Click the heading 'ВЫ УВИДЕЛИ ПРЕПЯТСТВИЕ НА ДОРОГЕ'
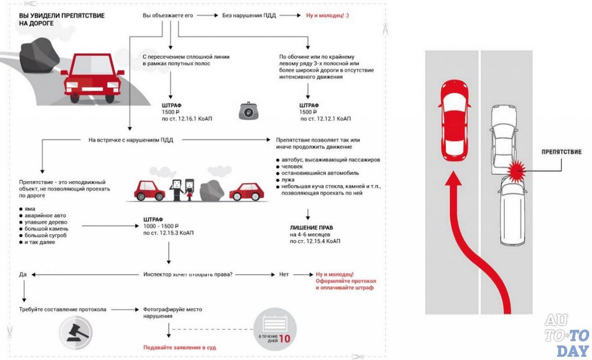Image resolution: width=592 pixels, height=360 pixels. click(62, 19)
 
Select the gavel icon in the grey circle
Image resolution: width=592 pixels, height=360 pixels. click(76, 332)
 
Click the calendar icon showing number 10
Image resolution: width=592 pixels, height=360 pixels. click(276, 329)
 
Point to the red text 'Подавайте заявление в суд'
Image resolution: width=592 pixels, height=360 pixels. click(179, 347)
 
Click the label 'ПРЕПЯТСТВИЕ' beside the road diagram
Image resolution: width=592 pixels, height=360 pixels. click(561, 152)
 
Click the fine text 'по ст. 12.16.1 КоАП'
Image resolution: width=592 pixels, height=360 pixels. click(187, 119)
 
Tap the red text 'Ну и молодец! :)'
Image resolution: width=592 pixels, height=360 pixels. click(327, 15)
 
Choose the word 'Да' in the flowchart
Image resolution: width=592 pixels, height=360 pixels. click(23, 274)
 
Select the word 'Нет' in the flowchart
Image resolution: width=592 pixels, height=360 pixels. click(284, 274)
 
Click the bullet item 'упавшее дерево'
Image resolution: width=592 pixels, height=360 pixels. click(46, 222)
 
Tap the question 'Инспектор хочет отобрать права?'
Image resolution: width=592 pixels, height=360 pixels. click(188, 274)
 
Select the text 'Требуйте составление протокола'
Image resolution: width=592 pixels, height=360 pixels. click(63, 309)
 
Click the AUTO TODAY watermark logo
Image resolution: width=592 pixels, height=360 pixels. click(567, 335)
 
